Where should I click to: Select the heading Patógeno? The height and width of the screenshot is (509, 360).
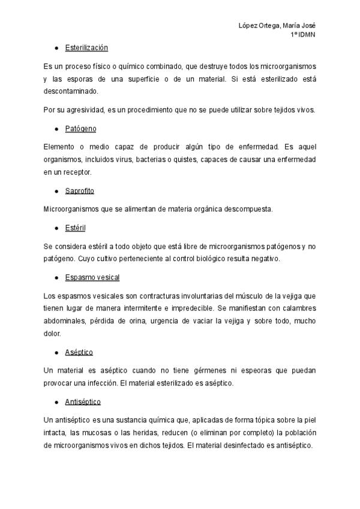(80, 128)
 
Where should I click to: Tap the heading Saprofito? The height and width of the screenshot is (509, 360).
(80, 191)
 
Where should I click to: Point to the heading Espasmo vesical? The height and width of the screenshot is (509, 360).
(92, 277)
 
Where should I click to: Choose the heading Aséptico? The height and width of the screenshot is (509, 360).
(79, 352)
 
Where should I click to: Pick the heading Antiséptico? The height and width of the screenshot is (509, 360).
(83, 401)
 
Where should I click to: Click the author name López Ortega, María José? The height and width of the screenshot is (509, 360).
(277, 25)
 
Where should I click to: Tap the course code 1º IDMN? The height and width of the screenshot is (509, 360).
(303, 34)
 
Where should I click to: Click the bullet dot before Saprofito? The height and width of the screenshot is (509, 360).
(55, 191)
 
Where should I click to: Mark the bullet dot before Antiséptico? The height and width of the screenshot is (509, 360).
(55, 401)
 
